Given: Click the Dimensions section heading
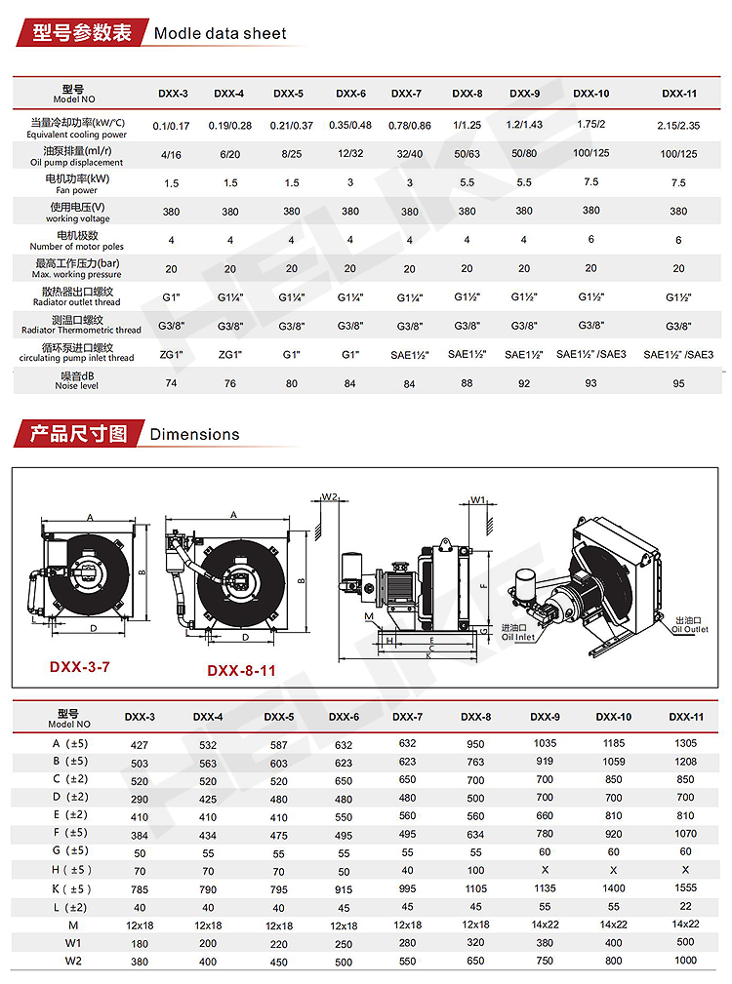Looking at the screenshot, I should point(194,434).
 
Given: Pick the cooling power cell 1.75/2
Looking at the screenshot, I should point(591,124).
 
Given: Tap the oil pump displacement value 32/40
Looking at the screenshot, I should point(409,154).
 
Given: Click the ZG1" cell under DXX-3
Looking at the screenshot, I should point(172,355).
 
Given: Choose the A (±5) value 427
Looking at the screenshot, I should point(140,744).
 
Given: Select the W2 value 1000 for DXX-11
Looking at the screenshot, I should point(685,960).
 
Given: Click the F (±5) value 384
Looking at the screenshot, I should point(140,833).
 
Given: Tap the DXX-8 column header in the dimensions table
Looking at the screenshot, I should point(475,717).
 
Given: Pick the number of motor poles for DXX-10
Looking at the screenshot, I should point(591,239).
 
